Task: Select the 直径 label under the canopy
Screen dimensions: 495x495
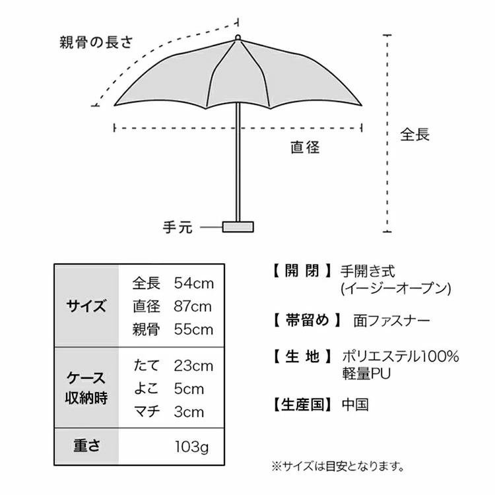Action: (305, 147)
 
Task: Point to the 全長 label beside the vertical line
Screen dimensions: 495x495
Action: (415, 134)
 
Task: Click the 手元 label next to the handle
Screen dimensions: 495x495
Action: (178, 227)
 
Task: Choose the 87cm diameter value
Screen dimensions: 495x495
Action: (193, 306)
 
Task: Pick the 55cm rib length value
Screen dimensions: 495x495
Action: (194, 329)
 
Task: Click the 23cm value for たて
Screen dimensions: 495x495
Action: (193, 366)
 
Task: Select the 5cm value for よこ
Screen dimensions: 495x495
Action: (189, 389)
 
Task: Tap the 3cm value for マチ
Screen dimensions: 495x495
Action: (189, 412)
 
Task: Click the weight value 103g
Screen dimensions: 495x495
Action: (192, 447)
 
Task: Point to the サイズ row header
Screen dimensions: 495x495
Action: (86, 306)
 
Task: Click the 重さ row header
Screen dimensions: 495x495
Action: (86, 445)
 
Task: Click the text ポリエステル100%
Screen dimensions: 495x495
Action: (400, 356)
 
